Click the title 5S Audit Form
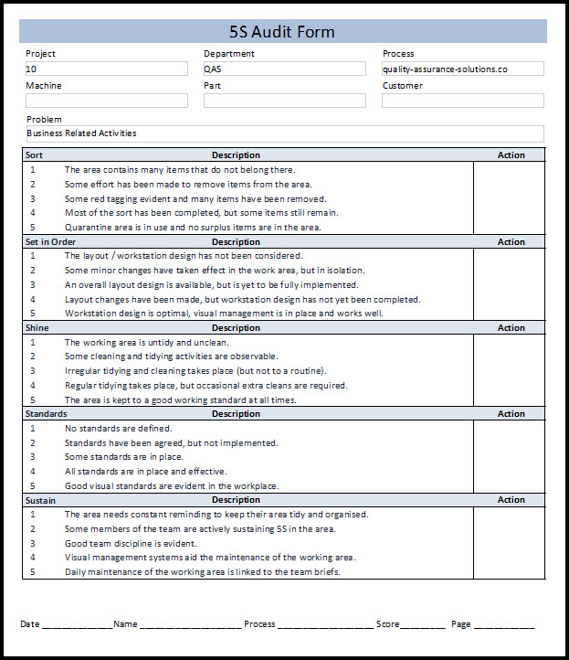click(283, 32)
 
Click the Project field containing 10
click(106, 69)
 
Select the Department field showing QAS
click(284, 69)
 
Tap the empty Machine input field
click(106, 101)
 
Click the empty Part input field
click(284, 101)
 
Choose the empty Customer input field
click(462, 101)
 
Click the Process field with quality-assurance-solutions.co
click(462, 69)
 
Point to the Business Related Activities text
click(82, 133)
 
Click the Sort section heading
click(34, 155)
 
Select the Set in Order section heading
click(50, 242)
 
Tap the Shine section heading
click(37, 328)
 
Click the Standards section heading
click(46, 414)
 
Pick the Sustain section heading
click(41, 500)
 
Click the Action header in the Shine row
click(511, 328)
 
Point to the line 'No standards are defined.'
click(118, 429)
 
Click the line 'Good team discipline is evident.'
click(131, 543)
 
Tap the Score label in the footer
click(388, 624)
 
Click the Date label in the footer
click(30, 624)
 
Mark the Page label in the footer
click(460, 624)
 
